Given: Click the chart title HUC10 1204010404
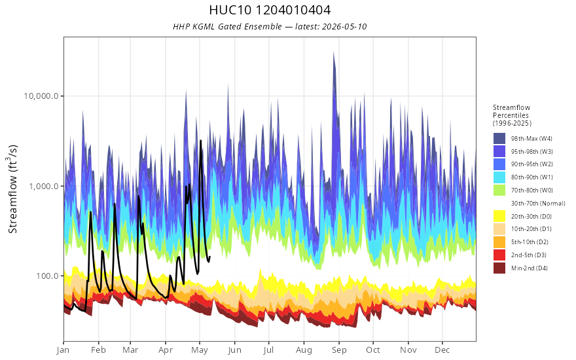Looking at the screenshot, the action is click(x=270, y=10).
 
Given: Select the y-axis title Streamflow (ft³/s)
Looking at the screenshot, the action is click(x=13, y=189).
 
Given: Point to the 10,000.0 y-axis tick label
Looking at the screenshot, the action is click(x=41, y=96).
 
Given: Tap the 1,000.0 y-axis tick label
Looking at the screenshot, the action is click(x=44, y=186).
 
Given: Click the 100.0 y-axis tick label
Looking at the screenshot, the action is click(x=47, y=276).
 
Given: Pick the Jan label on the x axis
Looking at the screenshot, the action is click(x=63, y=350).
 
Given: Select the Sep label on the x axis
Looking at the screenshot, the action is click(x=338, y=350).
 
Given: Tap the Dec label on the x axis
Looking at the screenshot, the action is click(x=442, y=350).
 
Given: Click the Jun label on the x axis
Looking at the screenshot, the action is click(x=234, y=350).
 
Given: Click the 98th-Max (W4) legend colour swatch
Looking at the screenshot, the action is click(x=499, y=139).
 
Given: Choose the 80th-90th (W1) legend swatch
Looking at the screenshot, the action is click(x=499, y=177).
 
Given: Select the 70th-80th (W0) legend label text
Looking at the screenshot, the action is click(x=531, y=190).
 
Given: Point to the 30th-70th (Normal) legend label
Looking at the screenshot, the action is click(x=538, y=203).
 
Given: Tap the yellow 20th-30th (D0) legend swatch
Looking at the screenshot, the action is click(x=499, y=216).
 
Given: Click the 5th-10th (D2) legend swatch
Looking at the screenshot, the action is click(x=499, y=242).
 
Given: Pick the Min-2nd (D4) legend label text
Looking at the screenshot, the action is click(x=529, y=268).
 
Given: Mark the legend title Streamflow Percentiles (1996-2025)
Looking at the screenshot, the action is click(x=512, y=115).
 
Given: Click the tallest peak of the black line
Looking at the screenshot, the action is click(x=200, y=141).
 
